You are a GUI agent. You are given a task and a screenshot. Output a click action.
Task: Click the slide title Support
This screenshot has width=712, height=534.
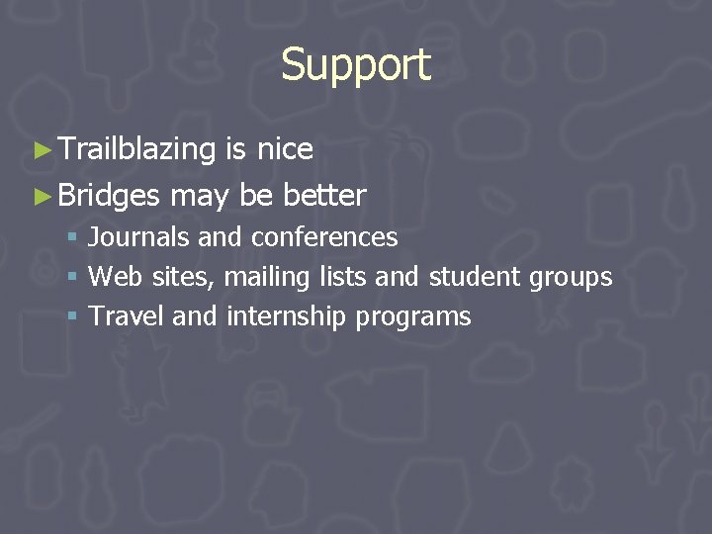pos(356,65)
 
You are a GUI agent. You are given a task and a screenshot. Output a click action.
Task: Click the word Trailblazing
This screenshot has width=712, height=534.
pos(136,149)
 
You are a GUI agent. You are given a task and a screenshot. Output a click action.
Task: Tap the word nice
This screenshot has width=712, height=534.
pos(285,149)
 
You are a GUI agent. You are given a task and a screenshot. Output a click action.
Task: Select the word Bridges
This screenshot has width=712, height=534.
pos(109,195)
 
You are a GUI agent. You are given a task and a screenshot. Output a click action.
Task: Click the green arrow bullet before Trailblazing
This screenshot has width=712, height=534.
pos(41,150)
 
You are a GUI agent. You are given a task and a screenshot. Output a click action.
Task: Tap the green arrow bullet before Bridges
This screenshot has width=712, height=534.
pos(41,196)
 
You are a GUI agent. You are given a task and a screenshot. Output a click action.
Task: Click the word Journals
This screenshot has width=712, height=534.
pos(139,237)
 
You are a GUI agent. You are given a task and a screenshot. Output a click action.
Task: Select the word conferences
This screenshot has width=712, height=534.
pos(324,237)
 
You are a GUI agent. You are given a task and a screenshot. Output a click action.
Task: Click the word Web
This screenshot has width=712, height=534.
pos(117,277)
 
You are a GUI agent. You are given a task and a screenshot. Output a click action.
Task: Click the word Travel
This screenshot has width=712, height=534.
pos(127,316)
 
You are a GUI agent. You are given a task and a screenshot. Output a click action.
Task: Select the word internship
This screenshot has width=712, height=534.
pos(287,316)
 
